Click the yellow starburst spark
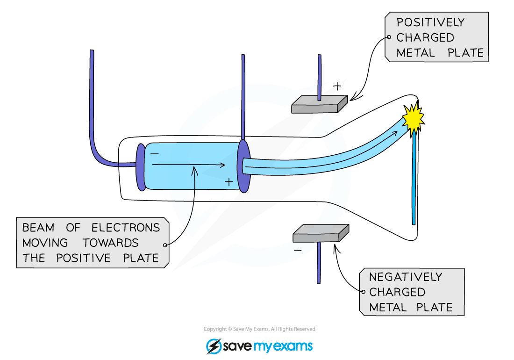pos(413,118)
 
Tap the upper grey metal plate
pos(319,105)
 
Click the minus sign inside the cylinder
pos(155,153)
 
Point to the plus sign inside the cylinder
pos(228,182)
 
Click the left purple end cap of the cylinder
pos(141,167)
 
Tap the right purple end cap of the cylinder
pos(243,166)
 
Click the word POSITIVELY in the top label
pos(430,22)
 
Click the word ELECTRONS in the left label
pos(126,228)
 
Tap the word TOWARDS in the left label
pos(111,243)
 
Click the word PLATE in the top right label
pos(466,53)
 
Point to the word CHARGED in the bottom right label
pos(397,292)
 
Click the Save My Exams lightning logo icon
pos(214,346)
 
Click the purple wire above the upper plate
pos(319,75)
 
